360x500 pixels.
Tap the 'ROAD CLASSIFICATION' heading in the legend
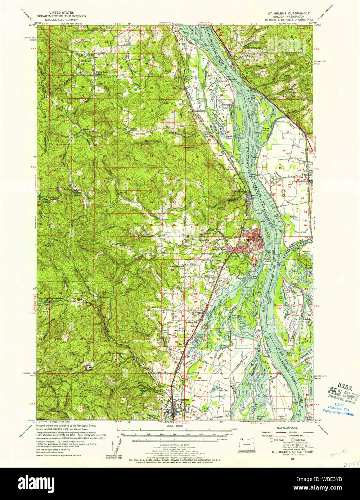pyautogui.click(x=287, y=429)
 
